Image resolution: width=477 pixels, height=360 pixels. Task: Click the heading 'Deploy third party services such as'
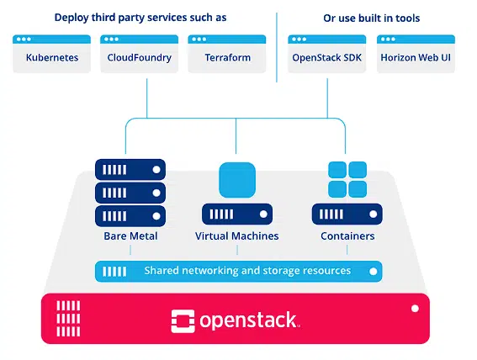140,18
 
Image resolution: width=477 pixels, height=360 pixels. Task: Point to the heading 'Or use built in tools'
371,18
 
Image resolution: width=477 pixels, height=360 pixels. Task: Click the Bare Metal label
130,236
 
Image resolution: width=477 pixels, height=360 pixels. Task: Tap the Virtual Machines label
236,236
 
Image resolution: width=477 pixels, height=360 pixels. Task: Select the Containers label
347,236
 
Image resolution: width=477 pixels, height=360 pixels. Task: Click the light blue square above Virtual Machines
236,179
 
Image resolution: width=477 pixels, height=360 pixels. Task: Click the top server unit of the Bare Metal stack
130,169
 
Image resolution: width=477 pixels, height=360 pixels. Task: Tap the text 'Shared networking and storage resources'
246,271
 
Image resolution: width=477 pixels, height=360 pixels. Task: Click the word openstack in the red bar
248,320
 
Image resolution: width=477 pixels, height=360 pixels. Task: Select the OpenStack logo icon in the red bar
183,320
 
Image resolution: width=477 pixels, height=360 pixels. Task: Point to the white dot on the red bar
414,309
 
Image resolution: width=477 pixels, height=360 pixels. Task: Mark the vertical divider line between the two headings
277,46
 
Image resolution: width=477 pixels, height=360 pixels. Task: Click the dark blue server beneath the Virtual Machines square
236,214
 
